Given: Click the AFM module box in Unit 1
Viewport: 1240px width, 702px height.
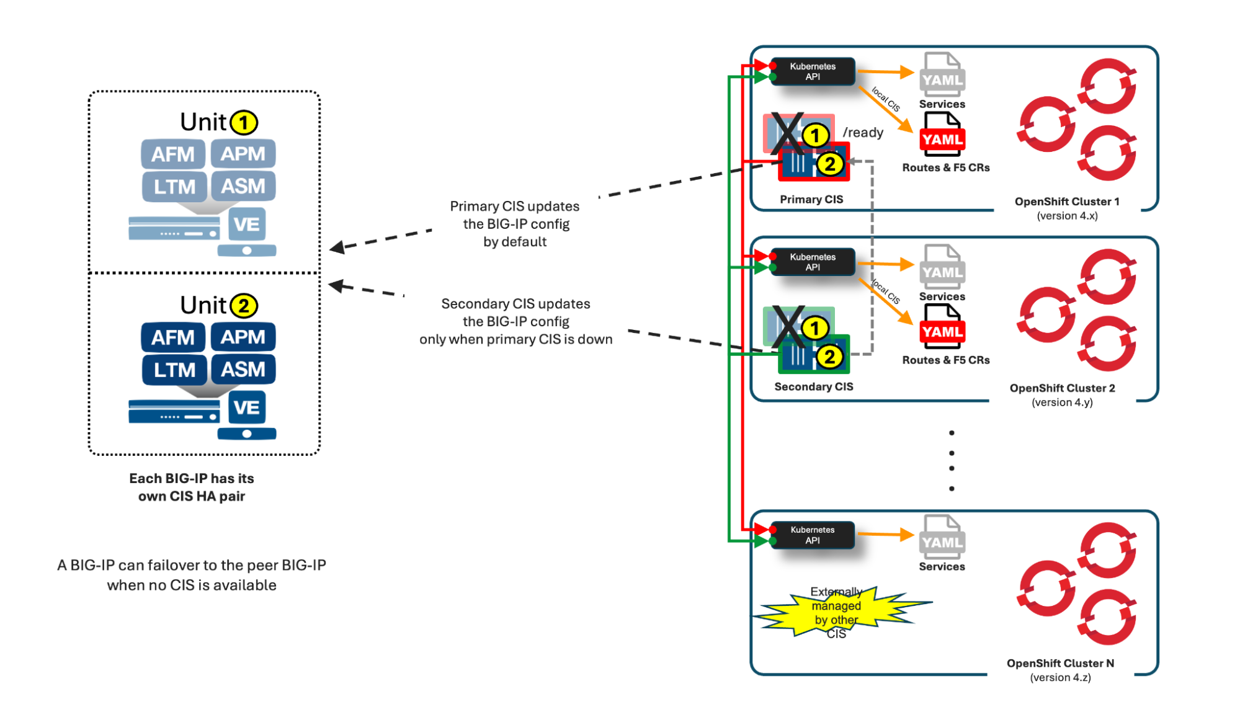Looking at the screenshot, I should click(x=173, y=154).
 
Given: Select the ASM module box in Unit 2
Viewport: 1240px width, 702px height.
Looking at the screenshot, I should click(x=243, y=369).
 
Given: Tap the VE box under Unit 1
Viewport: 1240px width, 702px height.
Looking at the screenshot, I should click(x=247, y=224).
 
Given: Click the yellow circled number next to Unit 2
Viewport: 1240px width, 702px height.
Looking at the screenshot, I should click(x=244, y=306).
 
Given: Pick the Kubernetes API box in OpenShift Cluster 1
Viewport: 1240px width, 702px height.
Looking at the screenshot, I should click(x=813, y=71).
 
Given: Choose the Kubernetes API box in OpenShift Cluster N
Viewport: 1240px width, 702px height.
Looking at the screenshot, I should click(x=813, y=535).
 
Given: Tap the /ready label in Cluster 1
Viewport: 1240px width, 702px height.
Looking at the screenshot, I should click(x=863, y=133).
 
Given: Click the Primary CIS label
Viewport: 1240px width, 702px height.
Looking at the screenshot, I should click(x=811, y=199).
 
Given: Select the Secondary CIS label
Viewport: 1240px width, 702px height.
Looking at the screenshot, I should click(x=814, y=386).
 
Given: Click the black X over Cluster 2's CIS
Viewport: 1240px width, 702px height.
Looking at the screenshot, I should click(x=788, y=327).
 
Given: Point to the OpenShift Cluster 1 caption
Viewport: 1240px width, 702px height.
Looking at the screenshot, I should click(x=1067, y=202).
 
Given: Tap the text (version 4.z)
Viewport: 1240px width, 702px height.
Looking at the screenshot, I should click(x=1061, y=677).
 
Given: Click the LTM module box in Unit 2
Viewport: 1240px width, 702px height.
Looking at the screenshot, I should click(x=174, y=370).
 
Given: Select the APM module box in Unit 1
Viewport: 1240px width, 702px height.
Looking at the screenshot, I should click(x=243, y=154).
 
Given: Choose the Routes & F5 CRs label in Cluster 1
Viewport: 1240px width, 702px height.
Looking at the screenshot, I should click(x=946, y=167).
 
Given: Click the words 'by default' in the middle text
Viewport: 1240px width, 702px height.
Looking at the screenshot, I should click(x=515, y=242).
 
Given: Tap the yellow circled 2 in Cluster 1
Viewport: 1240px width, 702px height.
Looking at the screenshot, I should click(x=830, y=164).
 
